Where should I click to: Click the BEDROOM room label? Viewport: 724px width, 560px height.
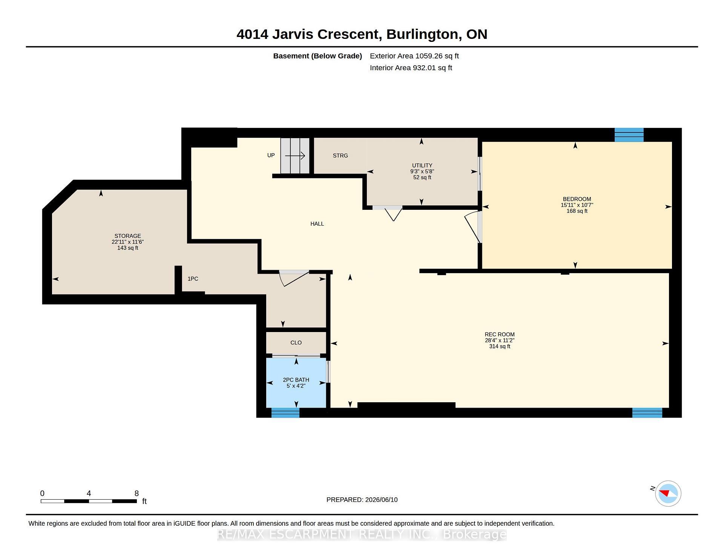(577, 199)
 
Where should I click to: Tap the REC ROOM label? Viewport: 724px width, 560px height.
(500, 334)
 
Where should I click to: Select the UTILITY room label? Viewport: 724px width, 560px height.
(422, 165)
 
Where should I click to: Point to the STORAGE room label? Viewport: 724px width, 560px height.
(128, 236)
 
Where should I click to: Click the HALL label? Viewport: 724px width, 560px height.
(317, 224)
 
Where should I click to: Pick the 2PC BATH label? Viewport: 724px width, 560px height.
(296, 380)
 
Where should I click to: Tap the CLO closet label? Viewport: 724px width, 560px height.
(296, 343)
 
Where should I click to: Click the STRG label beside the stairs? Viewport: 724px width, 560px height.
(340, 155)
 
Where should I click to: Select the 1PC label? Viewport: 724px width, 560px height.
(193, 279)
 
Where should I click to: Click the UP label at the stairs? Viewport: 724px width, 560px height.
(271, 155)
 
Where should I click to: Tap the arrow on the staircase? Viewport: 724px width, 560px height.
(295, 156)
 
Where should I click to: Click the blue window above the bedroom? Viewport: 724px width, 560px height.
(629, 135)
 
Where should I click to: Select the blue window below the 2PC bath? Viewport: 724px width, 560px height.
(285, 412)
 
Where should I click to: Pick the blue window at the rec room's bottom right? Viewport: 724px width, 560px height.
(647, 412)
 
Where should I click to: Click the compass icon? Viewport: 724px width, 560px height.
(668, 493)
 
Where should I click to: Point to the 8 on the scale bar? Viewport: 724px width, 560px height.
(137, 493)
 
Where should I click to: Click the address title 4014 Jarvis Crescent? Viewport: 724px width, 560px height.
(308, 34)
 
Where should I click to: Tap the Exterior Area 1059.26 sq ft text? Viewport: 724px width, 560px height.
(414, 56)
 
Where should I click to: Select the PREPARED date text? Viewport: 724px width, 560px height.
(362, 500)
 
